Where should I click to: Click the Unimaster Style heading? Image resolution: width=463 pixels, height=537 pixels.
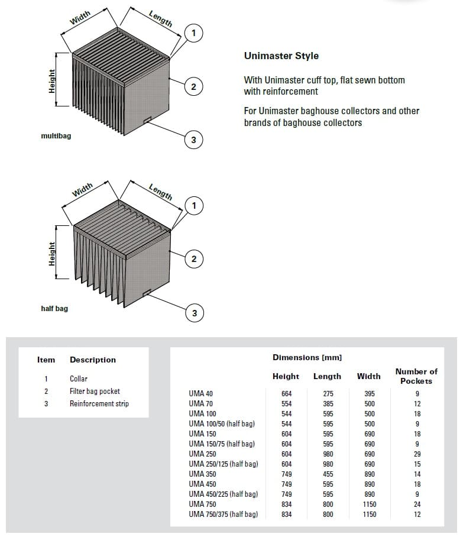281,56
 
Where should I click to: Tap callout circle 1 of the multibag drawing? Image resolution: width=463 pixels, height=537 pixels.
193,33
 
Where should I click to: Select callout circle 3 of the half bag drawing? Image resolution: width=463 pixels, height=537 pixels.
194,313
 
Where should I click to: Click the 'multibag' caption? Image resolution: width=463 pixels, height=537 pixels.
56,136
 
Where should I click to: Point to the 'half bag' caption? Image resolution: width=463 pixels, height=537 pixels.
54,308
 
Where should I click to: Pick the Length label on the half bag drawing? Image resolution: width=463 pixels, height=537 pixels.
161,192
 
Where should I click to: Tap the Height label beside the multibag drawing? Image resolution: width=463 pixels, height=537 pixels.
52,80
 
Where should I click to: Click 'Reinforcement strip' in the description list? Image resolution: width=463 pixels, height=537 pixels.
99,404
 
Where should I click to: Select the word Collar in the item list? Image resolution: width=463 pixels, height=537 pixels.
79,379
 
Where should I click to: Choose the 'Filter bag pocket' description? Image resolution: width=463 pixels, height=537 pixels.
95,391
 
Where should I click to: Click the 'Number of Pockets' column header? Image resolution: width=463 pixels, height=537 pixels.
416,376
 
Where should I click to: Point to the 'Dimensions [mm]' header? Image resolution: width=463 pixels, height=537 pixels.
307,357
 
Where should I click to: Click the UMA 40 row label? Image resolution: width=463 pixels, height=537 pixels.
201,394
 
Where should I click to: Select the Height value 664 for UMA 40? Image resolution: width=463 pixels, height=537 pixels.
287,394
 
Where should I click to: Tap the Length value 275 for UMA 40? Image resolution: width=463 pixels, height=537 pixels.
328,394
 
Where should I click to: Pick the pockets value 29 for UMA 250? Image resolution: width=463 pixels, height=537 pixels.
417,454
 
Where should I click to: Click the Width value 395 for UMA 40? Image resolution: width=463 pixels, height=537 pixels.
370,394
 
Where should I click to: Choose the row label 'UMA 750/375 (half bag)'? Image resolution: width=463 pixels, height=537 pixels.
224,514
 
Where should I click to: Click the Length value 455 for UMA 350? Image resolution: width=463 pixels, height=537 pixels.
328,474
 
